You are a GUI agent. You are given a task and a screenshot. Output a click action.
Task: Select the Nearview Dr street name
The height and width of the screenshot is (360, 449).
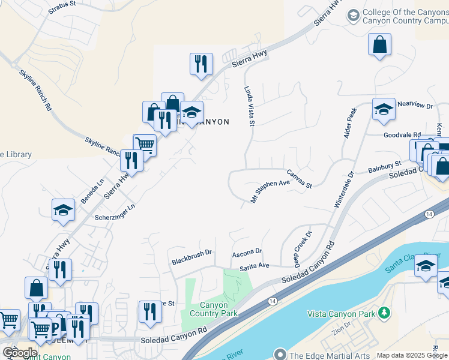coord(415,106)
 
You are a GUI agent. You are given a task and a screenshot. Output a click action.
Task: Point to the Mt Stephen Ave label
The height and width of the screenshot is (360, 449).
coord(271,191)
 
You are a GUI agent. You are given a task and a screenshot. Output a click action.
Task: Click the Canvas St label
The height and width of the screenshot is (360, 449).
coord(299,179)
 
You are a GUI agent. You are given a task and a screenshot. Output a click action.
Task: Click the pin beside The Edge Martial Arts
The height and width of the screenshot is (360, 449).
coord(280,355)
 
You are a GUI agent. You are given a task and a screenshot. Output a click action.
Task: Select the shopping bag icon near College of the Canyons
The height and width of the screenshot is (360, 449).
coord(380,44)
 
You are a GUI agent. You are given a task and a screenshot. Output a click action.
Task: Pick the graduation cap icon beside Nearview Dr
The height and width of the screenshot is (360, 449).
coord(384,109)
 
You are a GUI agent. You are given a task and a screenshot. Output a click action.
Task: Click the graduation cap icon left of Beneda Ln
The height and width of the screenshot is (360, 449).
coord(62,210)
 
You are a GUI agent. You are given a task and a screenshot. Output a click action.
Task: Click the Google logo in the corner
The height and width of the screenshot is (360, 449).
coord(20,353)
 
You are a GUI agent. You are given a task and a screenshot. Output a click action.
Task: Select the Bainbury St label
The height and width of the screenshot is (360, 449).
coord(384,166)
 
